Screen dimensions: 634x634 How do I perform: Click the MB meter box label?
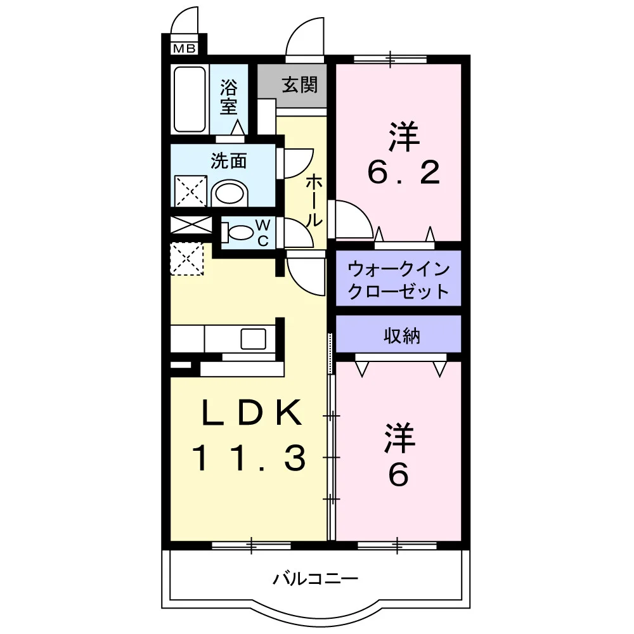184,49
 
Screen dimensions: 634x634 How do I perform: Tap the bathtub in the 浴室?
189,100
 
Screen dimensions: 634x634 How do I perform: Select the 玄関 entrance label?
300,85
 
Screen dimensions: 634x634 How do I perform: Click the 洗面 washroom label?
228,161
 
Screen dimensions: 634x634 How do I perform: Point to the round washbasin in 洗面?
230,193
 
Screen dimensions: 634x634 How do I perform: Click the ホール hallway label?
313,201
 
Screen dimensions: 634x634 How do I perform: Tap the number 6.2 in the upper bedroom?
403,172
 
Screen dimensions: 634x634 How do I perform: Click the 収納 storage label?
401,335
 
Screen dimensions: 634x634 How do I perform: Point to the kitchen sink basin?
254,339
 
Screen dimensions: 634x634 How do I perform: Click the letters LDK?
252,413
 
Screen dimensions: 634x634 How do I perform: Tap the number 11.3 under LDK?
249,458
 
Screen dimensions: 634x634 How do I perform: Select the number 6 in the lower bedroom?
399,475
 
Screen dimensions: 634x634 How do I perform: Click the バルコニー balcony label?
316,579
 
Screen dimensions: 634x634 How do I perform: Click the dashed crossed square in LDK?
187,259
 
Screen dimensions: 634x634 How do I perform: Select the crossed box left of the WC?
191,225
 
